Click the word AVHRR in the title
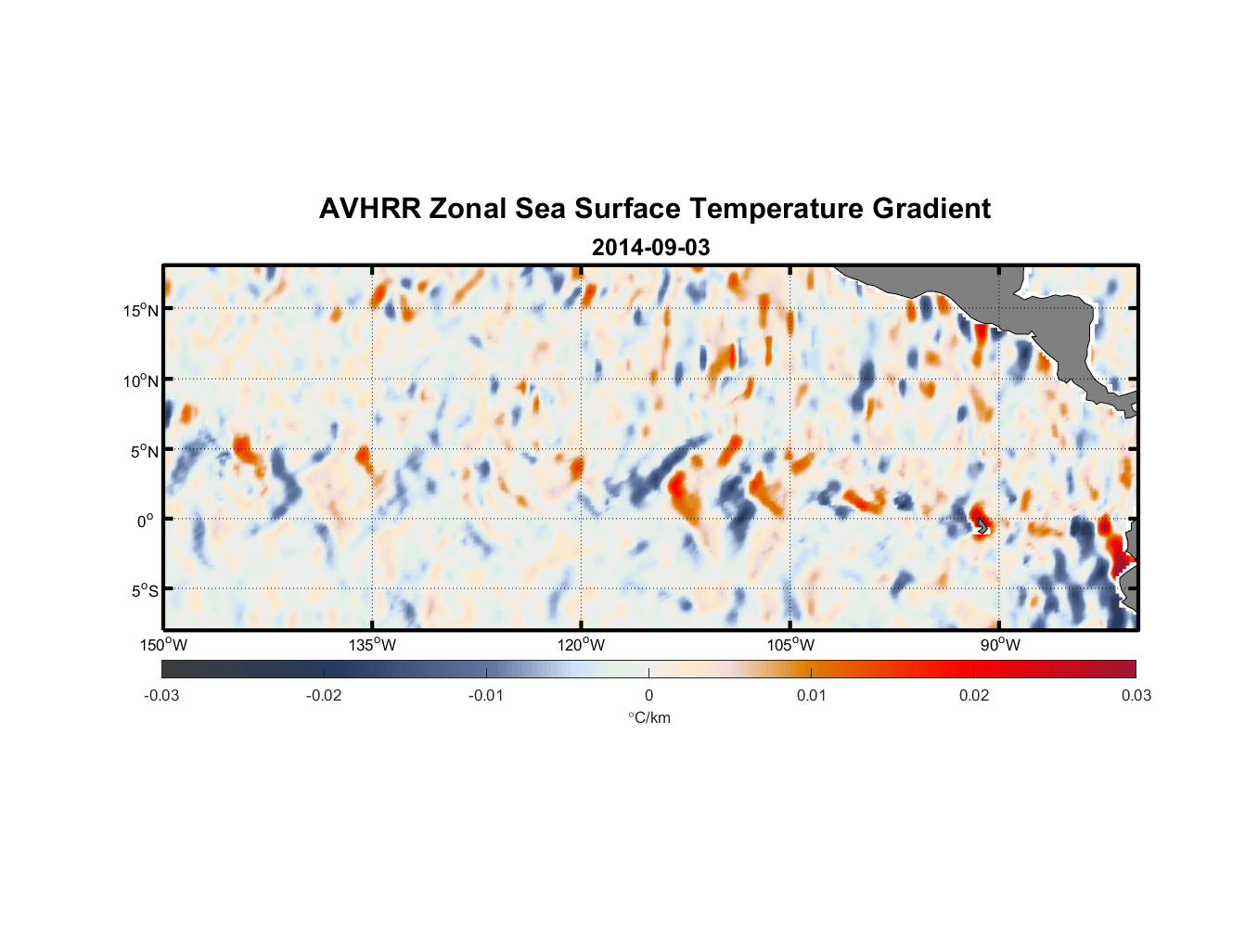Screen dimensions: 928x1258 tap(369, 209)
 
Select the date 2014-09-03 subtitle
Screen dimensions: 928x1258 tap(650, 248)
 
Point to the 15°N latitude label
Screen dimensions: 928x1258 tap(141, 310)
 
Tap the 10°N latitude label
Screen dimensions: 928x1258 tap(141, 380)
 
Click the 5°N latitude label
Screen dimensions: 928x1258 tap(144, 451)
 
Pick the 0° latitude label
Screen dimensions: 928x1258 tap(145, 521)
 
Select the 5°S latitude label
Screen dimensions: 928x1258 tap(144, 591)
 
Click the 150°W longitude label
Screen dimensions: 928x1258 tap(164, 645)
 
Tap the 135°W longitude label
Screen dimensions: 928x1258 tap(373, 645)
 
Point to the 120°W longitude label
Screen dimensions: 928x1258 tap(582, 645)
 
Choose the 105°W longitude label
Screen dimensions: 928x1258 tap(790, 645)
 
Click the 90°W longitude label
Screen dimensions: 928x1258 tap(999, 645)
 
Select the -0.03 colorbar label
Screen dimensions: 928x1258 tap(161, 695)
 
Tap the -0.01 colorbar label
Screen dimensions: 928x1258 tap(486, 695)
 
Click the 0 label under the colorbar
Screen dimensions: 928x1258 tap(648, 695)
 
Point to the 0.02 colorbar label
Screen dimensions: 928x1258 tap(974, 695)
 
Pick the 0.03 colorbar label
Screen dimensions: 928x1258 tap(1136, 695)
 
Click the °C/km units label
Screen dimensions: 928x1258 tap(648, 717)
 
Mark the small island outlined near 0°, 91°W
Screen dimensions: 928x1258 tap(982, 525)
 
